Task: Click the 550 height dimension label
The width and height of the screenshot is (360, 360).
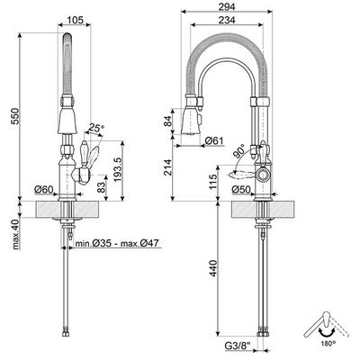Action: [15, 116]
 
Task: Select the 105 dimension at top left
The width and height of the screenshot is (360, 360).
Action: [75, 20]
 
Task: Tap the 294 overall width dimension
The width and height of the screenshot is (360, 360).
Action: [227, 6]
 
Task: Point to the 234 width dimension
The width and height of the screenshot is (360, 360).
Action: [227, 20]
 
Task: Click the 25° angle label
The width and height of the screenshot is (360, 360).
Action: [96, 128]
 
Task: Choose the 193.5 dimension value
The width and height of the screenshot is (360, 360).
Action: [117, 169]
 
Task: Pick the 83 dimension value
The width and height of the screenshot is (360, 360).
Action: [102, 188]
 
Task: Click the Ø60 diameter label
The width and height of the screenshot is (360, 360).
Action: [43, 190]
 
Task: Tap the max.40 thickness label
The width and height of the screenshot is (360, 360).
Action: [15, 235]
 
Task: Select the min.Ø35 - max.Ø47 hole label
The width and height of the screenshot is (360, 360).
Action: [117, 243]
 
